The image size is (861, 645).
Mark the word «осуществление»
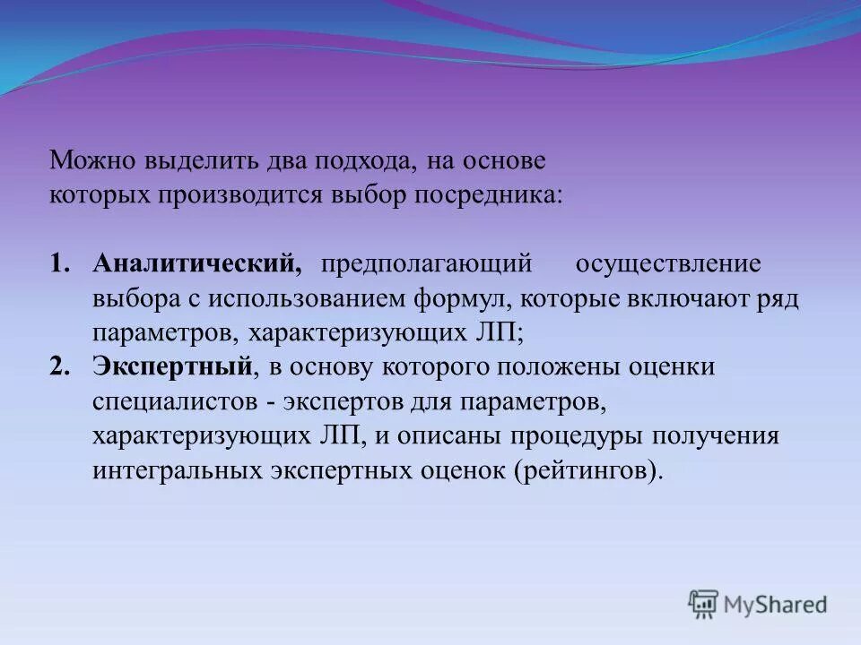[x=668, y=264]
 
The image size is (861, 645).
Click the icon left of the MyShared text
[x=703, y=604]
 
